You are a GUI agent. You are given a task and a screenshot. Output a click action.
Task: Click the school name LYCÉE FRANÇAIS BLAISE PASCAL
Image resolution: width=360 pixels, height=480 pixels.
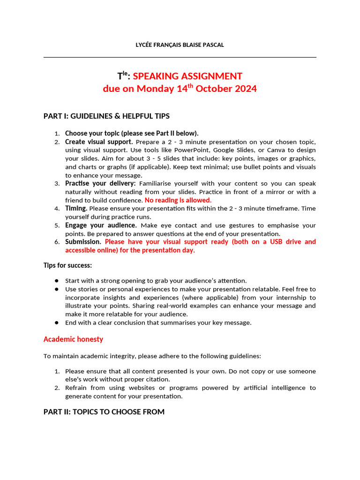[x=180, y=45]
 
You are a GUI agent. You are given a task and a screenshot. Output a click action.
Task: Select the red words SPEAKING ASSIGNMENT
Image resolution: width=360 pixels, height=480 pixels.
[x=187, y=76]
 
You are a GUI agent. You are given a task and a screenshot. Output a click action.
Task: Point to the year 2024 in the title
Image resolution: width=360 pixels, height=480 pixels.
[x=245, y=89]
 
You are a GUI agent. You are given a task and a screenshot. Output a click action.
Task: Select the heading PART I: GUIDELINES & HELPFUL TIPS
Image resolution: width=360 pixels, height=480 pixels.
[x=106, y=116]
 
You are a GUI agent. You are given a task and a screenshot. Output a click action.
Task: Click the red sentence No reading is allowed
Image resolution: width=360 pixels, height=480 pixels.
[x=178, y=200]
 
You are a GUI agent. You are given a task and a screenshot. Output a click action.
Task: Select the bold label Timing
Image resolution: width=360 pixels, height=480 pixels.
[x=76, y=208]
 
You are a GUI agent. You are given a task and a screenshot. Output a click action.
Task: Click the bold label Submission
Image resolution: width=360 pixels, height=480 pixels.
[x=83, y=242]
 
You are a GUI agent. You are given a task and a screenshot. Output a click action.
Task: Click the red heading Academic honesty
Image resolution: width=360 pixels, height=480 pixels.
[x=73, y=339]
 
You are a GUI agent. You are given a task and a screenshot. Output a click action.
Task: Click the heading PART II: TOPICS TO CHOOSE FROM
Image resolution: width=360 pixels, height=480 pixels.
[x=104, y=412]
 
